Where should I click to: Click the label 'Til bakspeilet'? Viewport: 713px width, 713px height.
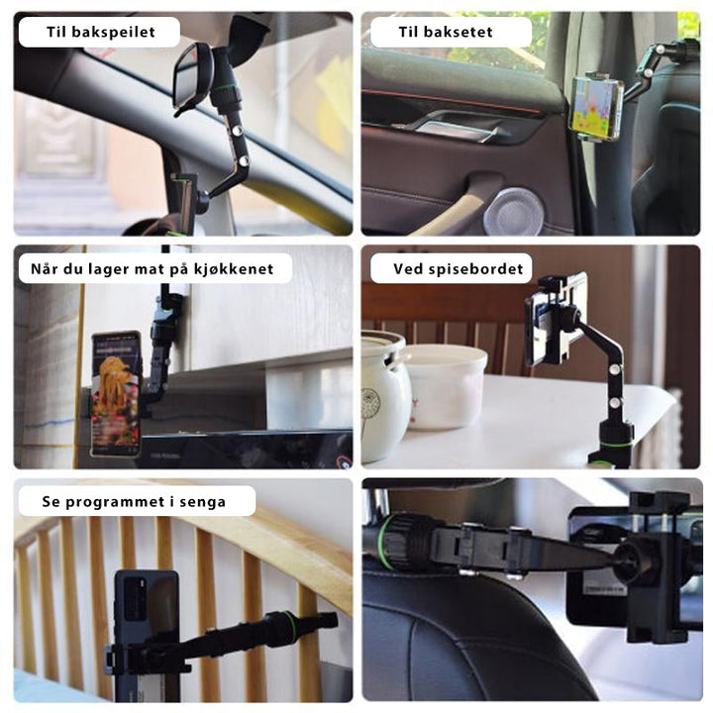pos(100,32)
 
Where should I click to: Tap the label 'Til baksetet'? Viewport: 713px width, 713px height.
pos(446,32)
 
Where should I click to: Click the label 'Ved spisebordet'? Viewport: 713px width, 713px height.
pos(458,268)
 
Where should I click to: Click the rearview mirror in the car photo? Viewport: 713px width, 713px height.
pos(190,78)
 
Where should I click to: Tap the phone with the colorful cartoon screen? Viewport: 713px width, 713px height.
pos(596,107)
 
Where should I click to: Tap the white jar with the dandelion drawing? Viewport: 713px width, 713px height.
pos(384,396)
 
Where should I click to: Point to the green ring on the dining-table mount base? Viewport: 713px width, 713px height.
pos(615,443)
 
